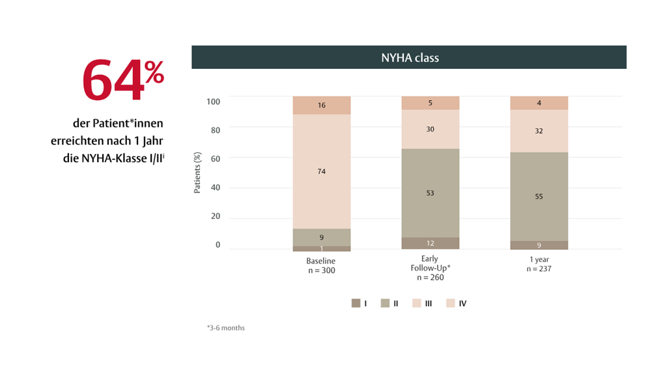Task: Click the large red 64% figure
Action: (122, 80)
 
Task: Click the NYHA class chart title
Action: (410, 58)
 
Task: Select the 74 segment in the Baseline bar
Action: (322, 172)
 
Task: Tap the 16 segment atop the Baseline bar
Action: (322, 105)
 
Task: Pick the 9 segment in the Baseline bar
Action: (322, 237)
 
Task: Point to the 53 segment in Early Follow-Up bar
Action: (431, 193)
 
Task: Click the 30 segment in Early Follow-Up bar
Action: (431, 129)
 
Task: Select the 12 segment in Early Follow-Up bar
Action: (431, 243)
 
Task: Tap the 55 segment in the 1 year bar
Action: (539, 196)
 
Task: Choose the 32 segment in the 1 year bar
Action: (539, 131)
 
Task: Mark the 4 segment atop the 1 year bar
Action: (539, 103)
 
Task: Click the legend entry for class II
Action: (389, 303)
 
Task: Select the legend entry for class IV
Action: (457, 303)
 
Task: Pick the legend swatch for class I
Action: (356, 303)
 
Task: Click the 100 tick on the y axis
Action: (214, 101)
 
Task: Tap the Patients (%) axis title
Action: (197, 173)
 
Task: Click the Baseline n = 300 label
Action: (321, 265)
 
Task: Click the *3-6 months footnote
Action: (225, 328)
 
